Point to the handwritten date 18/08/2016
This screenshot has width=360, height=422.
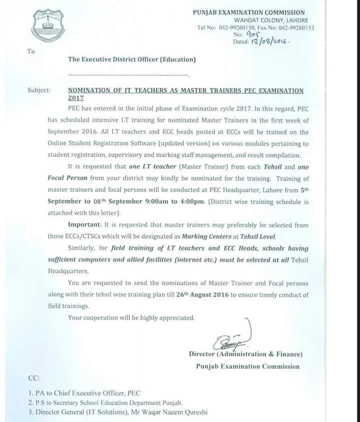tap(270, 43)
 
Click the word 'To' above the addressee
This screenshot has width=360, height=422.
tap(31, 51)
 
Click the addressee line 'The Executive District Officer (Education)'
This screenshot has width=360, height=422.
tap(132, 60)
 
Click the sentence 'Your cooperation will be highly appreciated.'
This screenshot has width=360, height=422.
tap(131, 318)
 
